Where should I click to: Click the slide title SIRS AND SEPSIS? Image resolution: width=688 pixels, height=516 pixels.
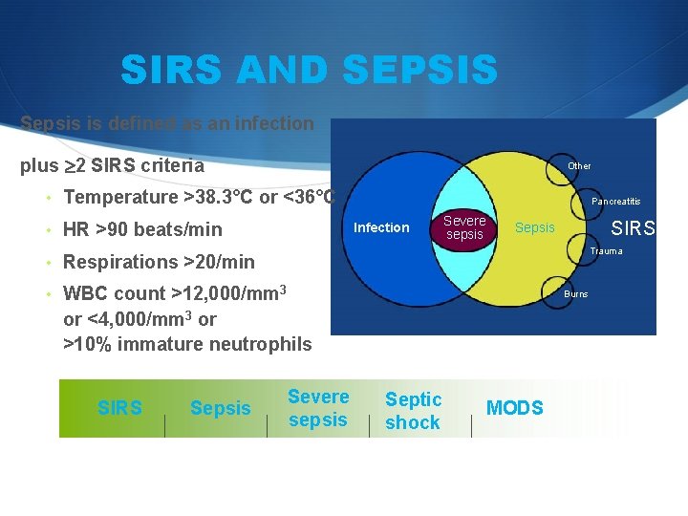point(309,70)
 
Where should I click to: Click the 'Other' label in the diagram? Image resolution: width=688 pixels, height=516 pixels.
point(579,166)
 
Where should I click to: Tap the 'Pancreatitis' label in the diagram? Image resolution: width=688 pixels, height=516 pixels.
point(615,202)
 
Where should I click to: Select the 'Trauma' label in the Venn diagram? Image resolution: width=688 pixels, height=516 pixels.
point(606,251)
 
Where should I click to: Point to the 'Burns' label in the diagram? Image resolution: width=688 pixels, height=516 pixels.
point(575,294)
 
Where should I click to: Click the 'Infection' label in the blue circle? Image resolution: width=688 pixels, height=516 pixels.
point(381,227)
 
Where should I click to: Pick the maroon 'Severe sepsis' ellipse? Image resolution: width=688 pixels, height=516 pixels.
point(464,227)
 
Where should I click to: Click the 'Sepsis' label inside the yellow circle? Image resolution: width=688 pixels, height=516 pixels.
point(534,227)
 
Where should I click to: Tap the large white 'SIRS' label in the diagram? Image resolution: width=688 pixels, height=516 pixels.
point(633,228)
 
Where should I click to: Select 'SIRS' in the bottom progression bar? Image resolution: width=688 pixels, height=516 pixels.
point(119,409)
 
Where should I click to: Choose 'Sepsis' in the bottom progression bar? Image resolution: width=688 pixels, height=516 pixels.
point(220,409)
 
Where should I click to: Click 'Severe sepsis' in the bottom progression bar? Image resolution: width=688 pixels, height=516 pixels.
point(318,408)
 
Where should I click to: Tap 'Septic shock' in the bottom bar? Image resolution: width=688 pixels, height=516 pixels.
point(413,411)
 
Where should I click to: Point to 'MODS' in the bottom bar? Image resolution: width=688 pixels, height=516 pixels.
point(514,409)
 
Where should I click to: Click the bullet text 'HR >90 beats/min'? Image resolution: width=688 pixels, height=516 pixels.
point(142,229)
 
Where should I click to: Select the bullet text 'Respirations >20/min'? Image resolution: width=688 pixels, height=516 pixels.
point(159,262)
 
